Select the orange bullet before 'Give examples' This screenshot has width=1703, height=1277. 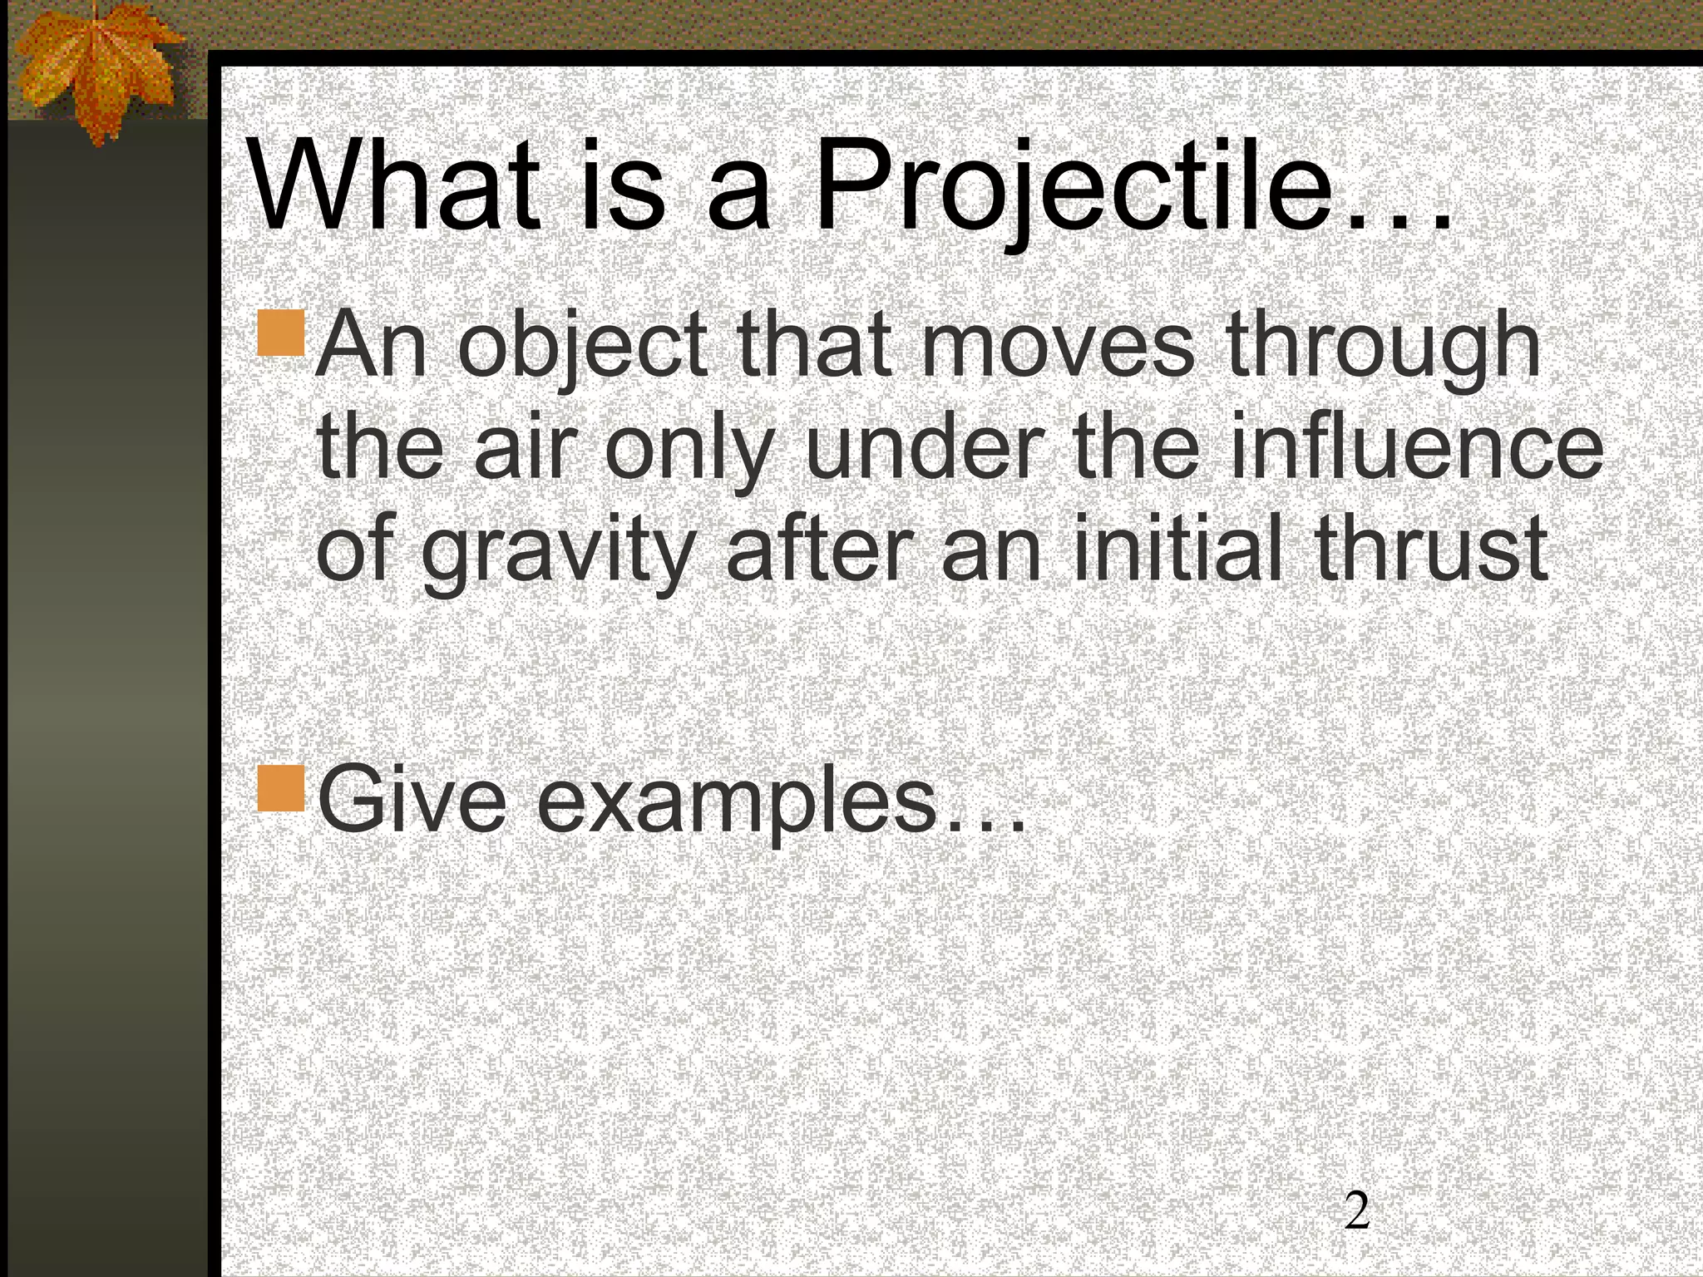(281, 788)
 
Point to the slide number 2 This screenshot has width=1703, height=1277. (1357, 1210)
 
